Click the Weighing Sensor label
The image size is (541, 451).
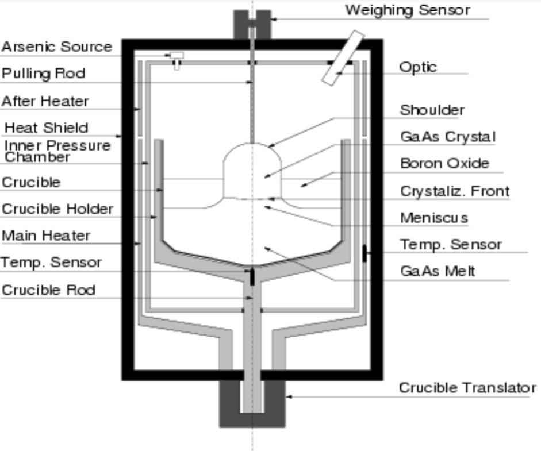tap(407, 10)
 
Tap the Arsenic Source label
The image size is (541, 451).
tap(56, 47)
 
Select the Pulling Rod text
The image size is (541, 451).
tap(43, 74)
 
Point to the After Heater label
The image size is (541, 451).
tap(45, 101)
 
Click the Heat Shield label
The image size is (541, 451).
tap(47, 128)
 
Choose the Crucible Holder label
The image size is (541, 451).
tap(57, 209)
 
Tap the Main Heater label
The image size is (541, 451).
tap(46, 236)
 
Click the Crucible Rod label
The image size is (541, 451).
tap(48, 290)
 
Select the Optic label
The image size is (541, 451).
tap(418, 67)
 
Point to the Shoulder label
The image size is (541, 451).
tap(432, 110)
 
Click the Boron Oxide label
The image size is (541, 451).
tap(444, 163)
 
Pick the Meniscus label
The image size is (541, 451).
tap(433, 218)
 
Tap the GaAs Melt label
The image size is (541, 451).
tap(438, 271)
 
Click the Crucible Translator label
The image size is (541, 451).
tap(467, 388)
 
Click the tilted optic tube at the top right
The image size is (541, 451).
tap(343, 57)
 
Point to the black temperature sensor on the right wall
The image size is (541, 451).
tap(364, 253)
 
